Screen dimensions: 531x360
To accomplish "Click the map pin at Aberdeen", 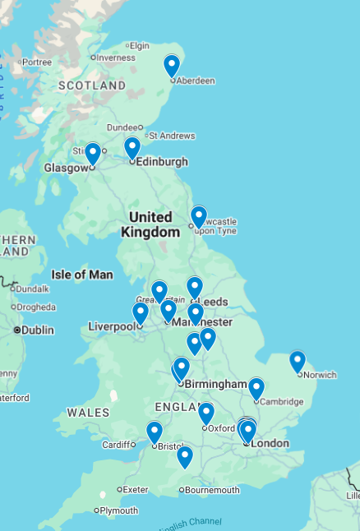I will click(x=172, y=65).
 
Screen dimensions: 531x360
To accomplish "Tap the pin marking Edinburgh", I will click(x=132, y=147).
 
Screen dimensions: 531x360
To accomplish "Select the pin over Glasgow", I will click(x=93, y=153).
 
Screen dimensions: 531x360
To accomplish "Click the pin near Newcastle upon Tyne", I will click(x=199, y=216).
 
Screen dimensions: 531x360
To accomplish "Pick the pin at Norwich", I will click(x=298, y=361).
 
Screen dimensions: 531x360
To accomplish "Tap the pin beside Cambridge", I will click(x=256, y=388).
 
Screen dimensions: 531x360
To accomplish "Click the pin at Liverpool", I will click(x=141, y=312).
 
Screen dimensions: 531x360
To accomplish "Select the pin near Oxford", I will click(x=206, y=413).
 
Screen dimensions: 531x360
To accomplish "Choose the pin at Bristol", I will click(x=155, y=432).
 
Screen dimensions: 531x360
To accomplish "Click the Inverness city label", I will click(x=116, y=58).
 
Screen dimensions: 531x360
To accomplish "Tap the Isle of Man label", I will click(x=81, y=275).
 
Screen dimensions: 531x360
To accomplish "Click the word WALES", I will click(x=88, y=412).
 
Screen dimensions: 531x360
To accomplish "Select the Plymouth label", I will click(x=119, y=510).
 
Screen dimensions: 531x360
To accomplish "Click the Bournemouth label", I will click(x=213, y=490).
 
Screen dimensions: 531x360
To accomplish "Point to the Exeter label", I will click(x=136, y=489).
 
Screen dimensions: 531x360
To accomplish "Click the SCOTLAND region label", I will click(x=91, y=85).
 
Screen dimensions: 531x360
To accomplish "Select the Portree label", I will click(x=36, y=62).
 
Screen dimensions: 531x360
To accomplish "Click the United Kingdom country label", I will click(x=150, y=224).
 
